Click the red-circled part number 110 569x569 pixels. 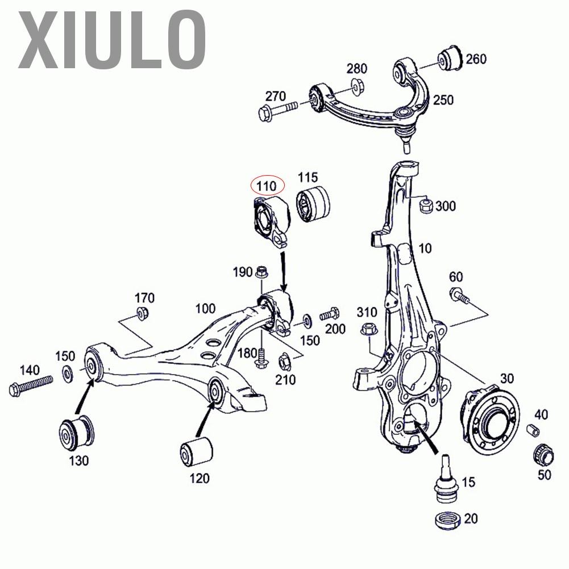point(267,186)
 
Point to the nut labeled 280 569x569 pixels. point(357,86)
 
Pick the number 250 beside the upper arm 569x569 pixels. point(443,100)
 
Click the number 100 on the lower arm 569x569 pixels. point(205,309)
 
